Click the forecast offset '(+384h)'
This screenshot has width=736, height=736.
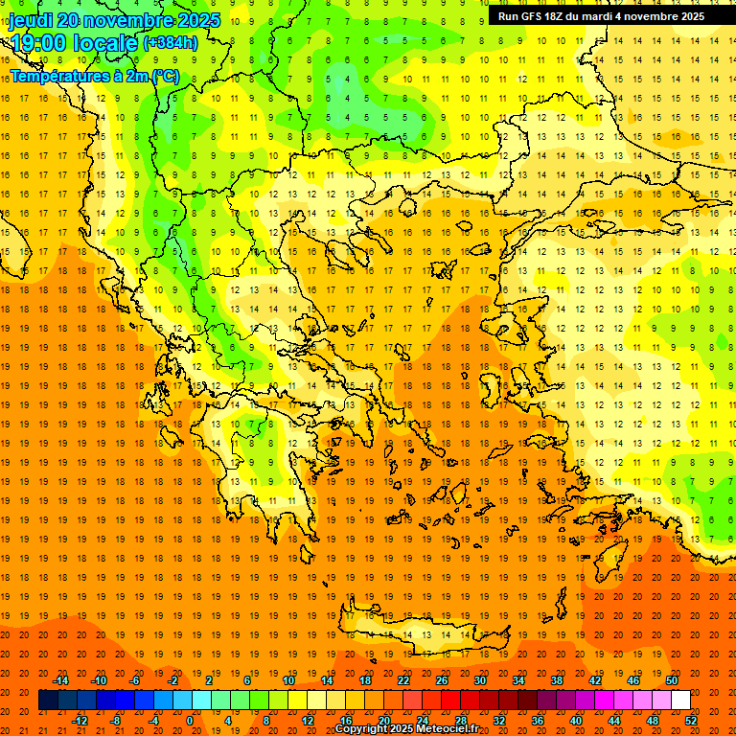[171, 43]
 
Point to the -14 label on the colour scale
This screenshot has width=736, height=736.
[61, 680]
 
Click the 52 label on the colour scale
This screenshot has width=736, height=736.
[691, 721]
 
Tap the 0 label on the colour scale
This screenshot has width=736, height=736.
[190, 721]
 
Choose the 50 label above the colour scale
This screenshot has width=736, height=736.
[671, 680]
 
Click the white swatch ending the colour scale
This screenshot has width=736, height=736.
[680, 701]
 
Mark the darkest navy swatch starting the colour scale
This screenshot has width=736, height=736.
[48, 701]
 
